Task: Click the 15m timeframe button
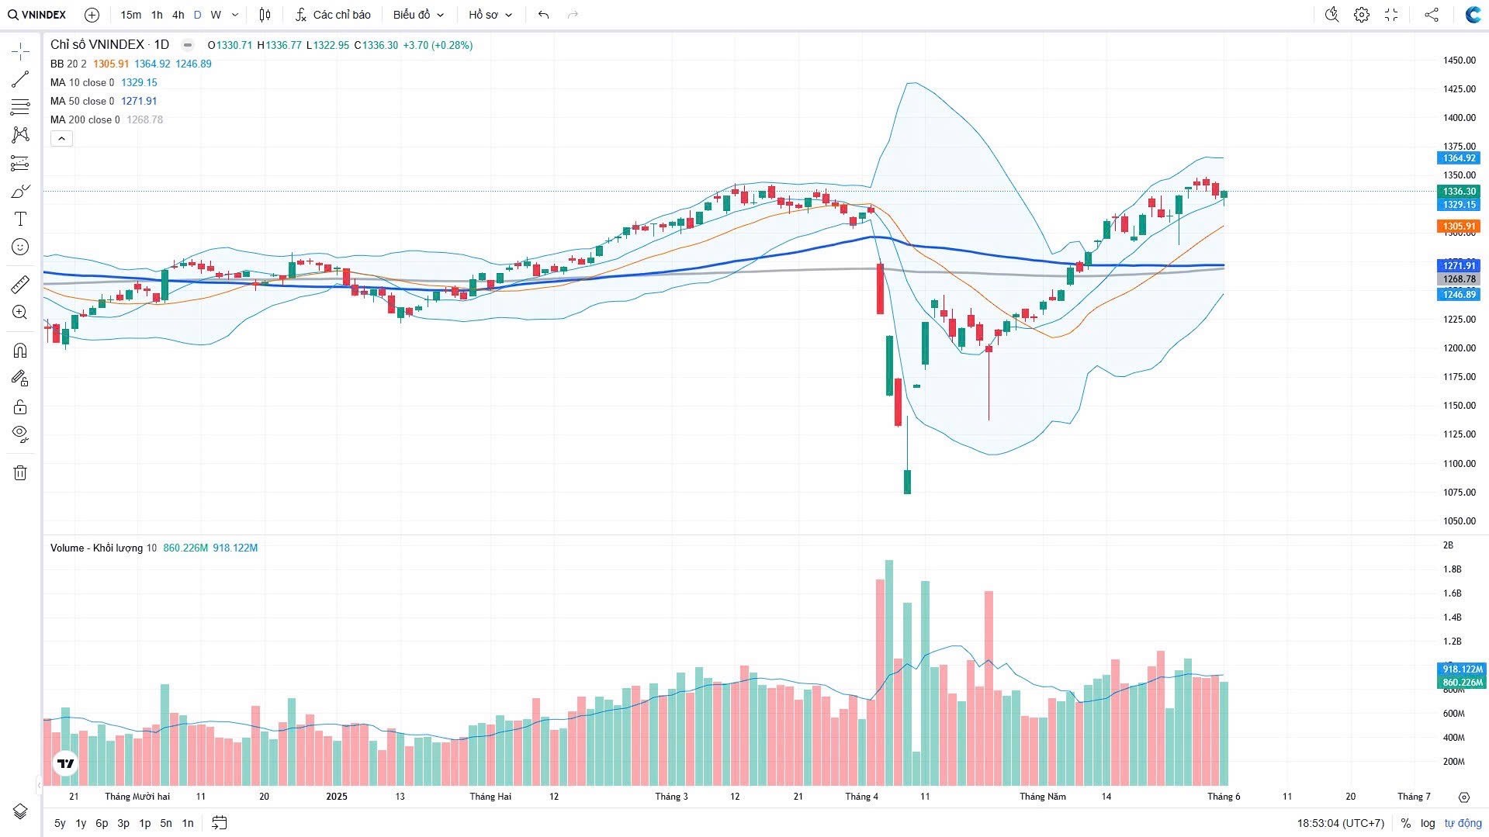[130, 15]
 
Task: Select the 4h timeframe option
[178, 15]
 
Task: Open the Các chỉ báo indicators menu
[333, 15]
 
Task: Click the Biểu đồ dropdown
[418, 15]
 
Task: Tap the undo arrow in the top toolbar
[543, 15]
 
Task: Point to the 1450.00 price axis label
[1459, 61]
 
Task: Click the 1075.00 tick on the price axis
[1459, 493]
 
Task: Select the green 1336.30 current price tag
[1459, 192]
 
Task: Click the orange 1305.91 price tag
[1459, 227]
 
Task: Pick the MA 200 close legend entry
[85, 119]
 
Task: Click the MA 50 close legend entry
[81, 101]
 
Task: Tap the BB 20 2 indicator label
[68, 64]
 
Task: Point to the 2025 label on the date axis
[337, 797]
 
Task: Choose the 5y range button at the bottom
[60, 823]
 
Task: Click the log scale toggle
[1428, 823]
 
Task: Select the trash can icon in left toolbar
[20, 473]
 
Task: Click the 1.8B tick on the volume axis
[1452, 569]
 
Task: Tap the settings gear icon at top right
[1361, 15]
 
